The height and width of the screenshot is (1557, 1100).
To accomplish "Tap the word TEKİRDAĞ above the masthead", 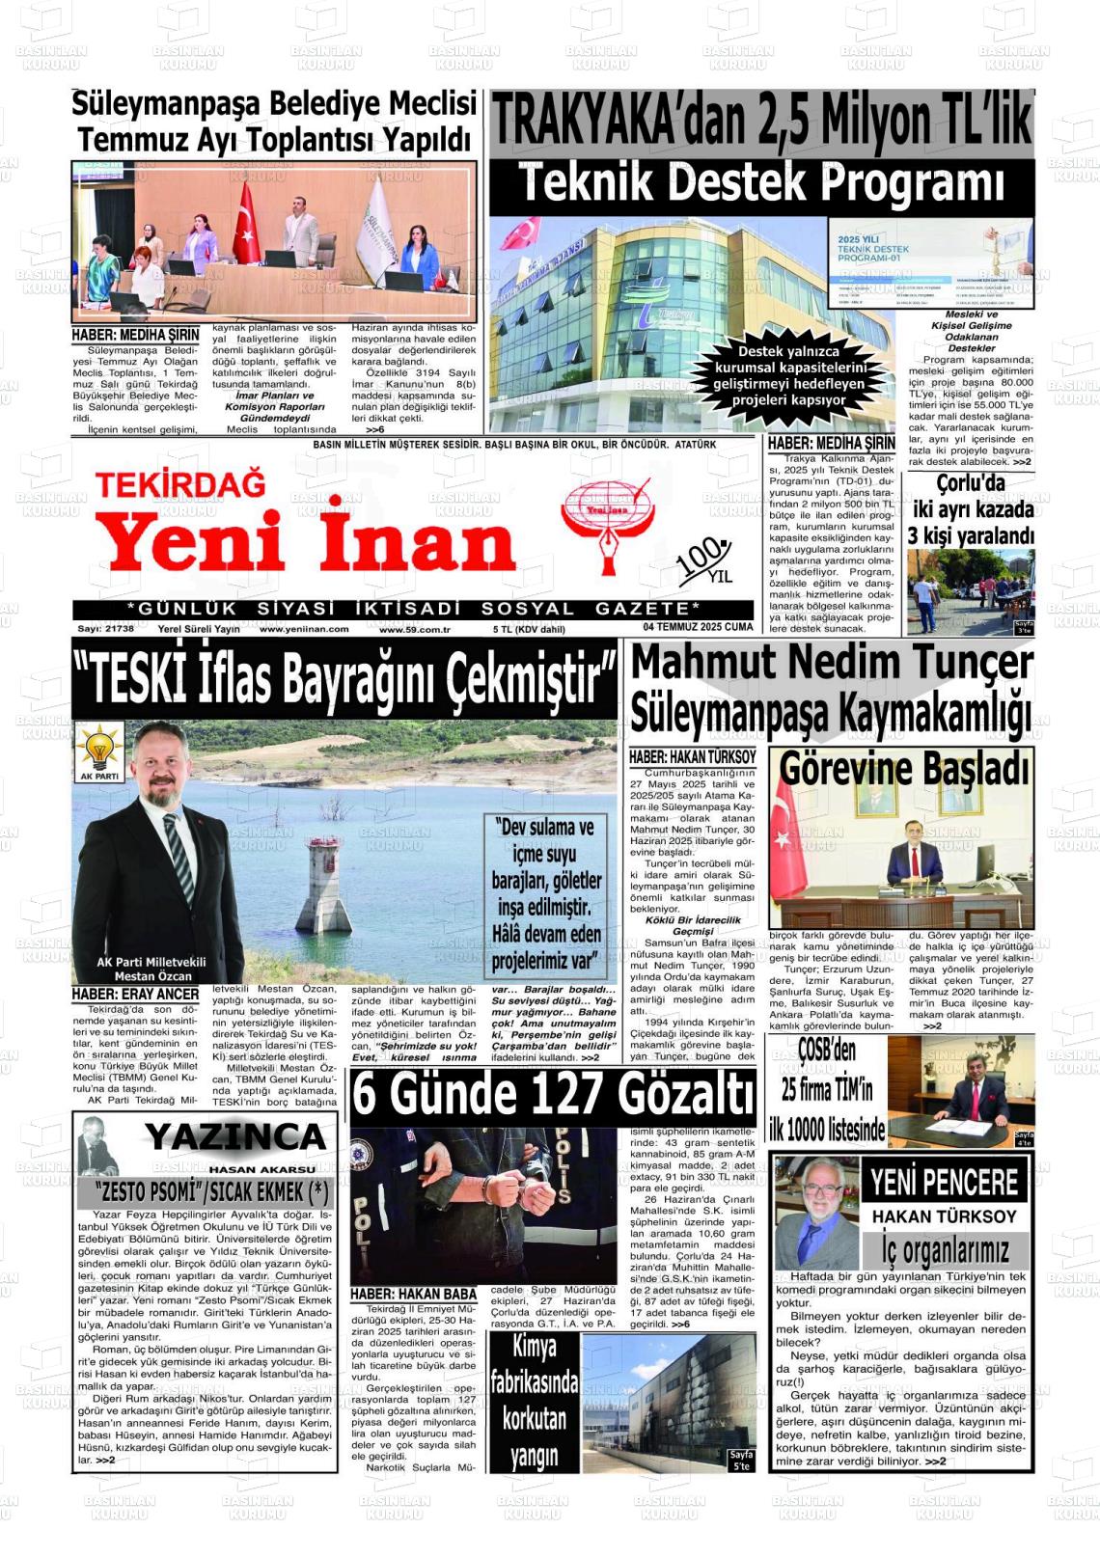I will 180,483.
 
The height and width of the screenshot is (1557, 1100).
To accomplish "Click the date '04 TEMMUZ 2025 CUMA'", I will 698,627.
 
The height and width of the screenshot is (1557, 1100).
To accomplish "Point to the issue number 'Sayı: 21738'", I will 106,629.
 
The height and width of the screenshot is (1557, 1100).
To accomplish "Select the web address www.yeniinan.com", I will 304,629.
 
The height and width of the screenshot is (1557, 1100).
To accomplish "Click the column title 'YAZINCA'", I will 235,1137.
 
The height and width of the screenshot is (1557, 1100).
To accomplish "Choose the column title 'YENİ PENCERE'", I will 944,1182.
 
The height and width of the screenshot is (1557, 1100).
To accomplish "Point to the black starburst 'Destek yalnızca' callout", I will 789,375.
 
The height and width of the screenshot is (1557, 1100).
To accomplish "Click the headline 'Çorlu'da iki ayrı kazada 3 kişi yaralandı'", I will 972,509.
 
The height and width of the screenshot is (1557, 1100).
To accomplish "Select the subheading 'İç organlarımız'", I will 945,1250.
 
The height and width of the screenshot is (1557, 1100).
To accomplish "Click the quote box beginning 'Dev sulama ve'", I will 546,894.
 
